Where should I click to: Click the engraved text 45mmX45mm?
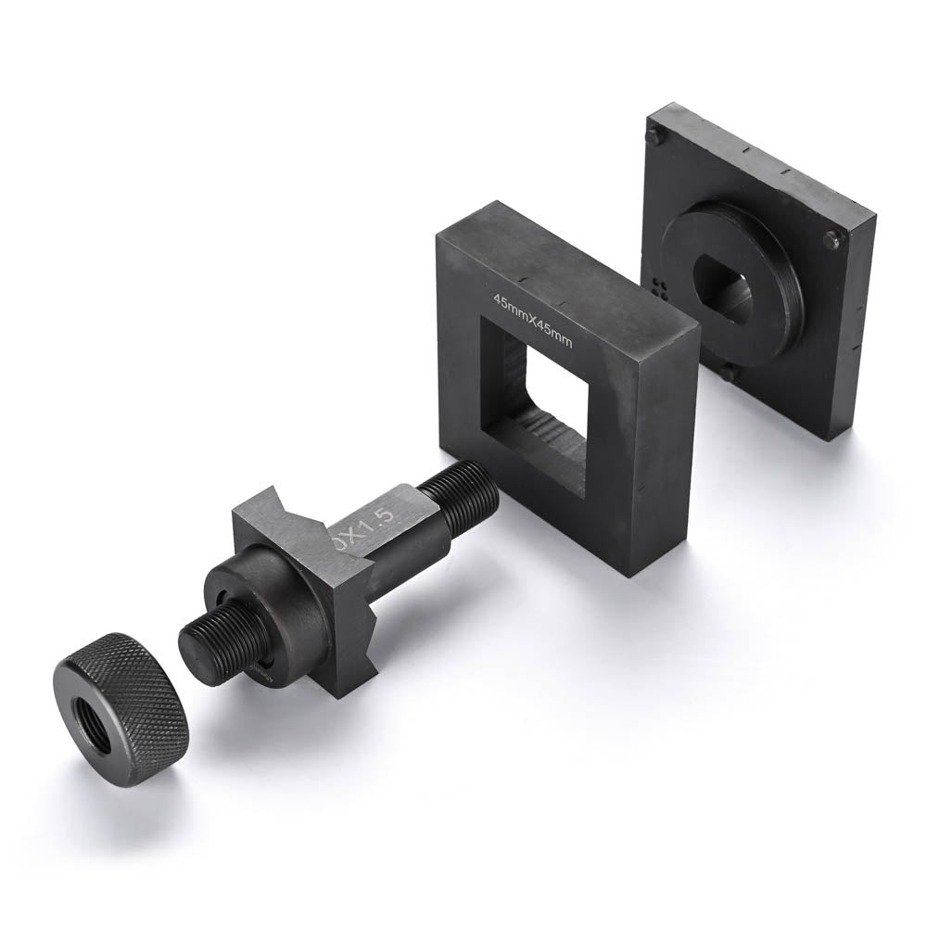tap(534, 320)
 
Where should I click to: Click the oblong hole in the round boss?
tap(728, 287)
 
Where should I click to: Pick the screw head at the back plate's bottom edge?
tap(729, 373)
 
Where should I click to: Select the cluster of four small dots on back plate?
tap(660, 286)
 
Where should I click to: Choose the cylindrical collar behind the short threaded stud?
tap(269, 603)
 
